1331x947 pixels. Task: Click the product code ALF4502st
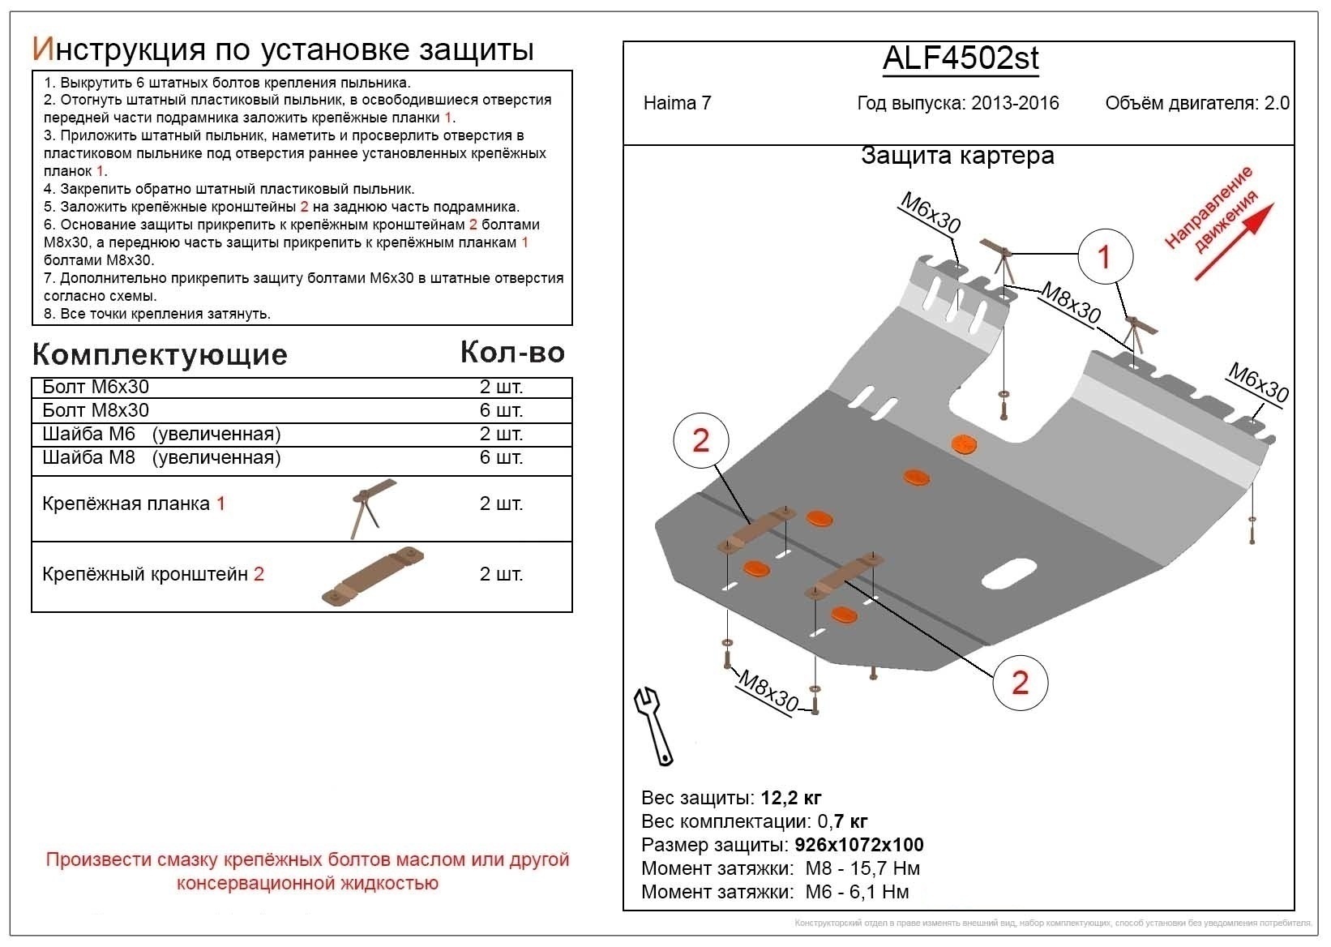point(960,58)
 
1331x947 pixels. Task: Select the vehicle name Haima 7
point(677,103)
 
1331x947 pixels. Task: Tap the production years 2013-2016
point(1015,103)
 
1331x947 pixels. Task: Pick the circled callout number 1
point(1104,257)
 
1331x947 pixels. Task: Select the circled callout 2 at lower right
point(1020,683)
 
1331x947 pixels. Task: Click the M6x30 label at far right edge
point(1258,383)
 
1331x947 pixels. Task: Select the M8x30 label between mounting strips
point(1070,302)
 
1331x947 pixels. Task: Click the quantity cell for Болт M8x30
point(501,410)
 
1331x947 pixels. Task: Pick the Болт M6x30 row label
point(96,387)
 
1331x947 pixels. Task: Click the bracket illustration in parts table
point(373,577)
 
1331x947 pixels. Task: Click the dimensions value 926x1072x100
point(859,845)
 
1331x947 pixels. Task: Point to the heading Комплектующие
point(160,354)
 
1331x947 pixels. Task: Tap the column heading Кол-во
point(511,352)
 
